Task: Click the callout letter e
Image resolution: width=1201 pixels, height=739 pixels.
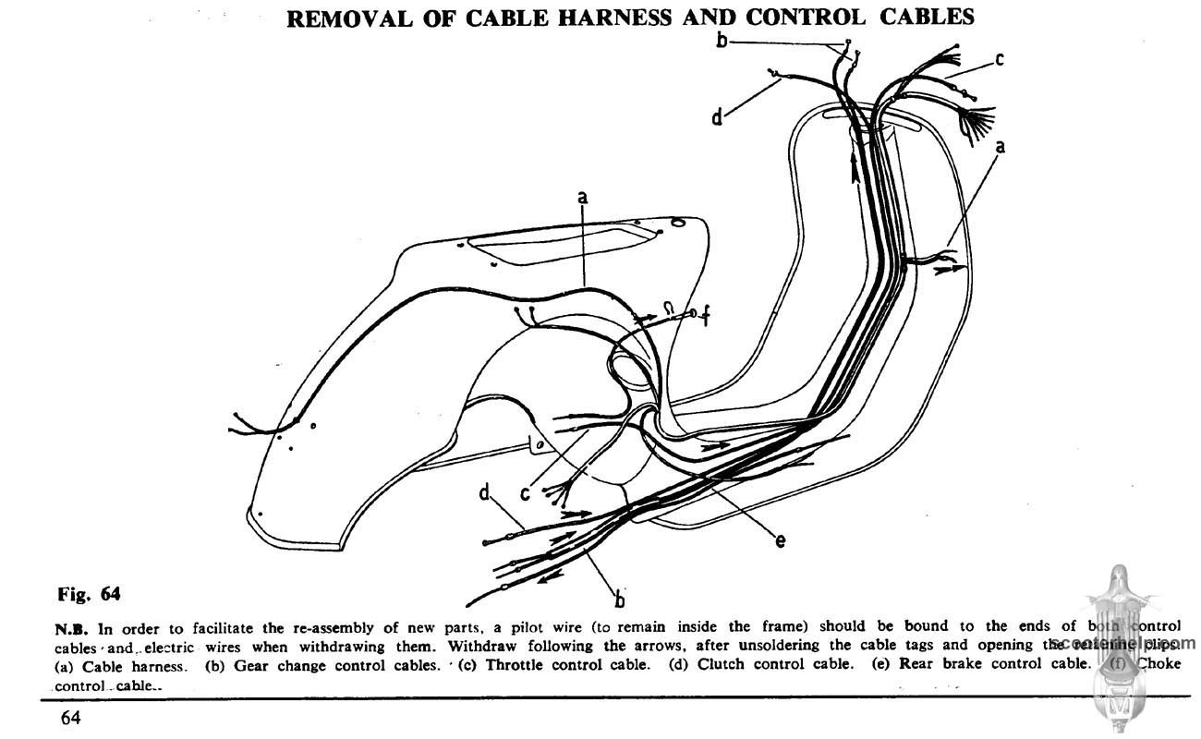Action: [x=781, y=541]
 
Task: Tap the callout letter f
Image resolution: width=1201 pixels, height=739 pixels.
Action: [x=706, y=318]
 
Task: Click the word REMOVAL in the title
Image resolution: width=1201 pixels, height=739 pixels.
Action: [x=345, y=18]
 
